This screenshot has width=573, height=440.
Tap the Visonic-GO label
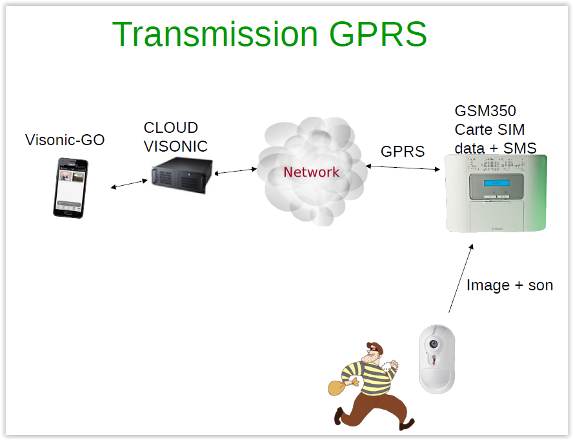(x=65, y=140)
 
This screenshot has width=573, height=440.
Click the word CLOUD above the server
(x=170, y=127)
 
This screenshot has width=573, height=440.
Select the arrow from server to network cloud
(x=236, y=171)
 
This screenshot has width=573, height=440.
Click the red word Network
(x=311, y=172)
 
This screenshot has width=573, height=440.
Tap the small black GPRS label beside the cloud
(x=403, y=152)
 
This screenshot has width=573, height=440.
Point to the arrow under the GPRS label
(x=403, y=168)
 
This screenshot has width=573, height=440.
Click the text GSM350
(x=485, y=110)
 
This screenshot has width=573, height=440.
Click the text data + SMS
(x=495, y=148)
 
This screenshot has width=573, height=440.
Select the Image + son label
(x=509, y=285)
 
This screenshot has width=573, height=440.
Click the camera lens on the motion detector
(x=434, y=343)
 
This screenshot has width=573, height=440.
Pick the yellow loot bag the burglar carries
(x=338, y=387)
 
